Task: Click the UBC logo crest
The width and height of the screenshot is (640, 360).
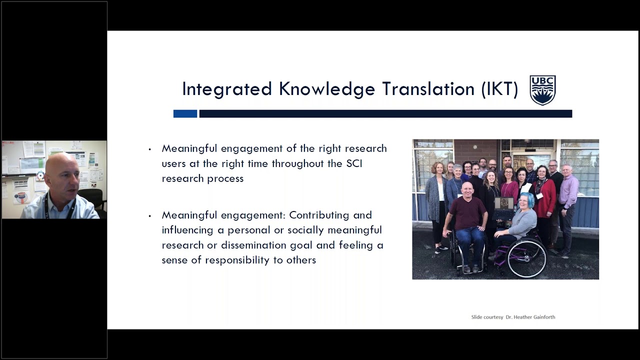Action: point(542,90)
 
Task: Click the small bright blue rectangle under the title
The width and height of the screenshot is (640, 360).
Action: point(185,114)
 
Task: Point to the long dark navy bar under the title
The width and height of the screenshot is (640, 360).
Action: point(385,114)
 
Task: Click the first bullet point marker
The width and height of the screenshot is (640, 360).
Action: point(149,149)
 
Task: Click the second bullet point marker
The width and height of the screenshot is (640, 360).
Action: point(149,216)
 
